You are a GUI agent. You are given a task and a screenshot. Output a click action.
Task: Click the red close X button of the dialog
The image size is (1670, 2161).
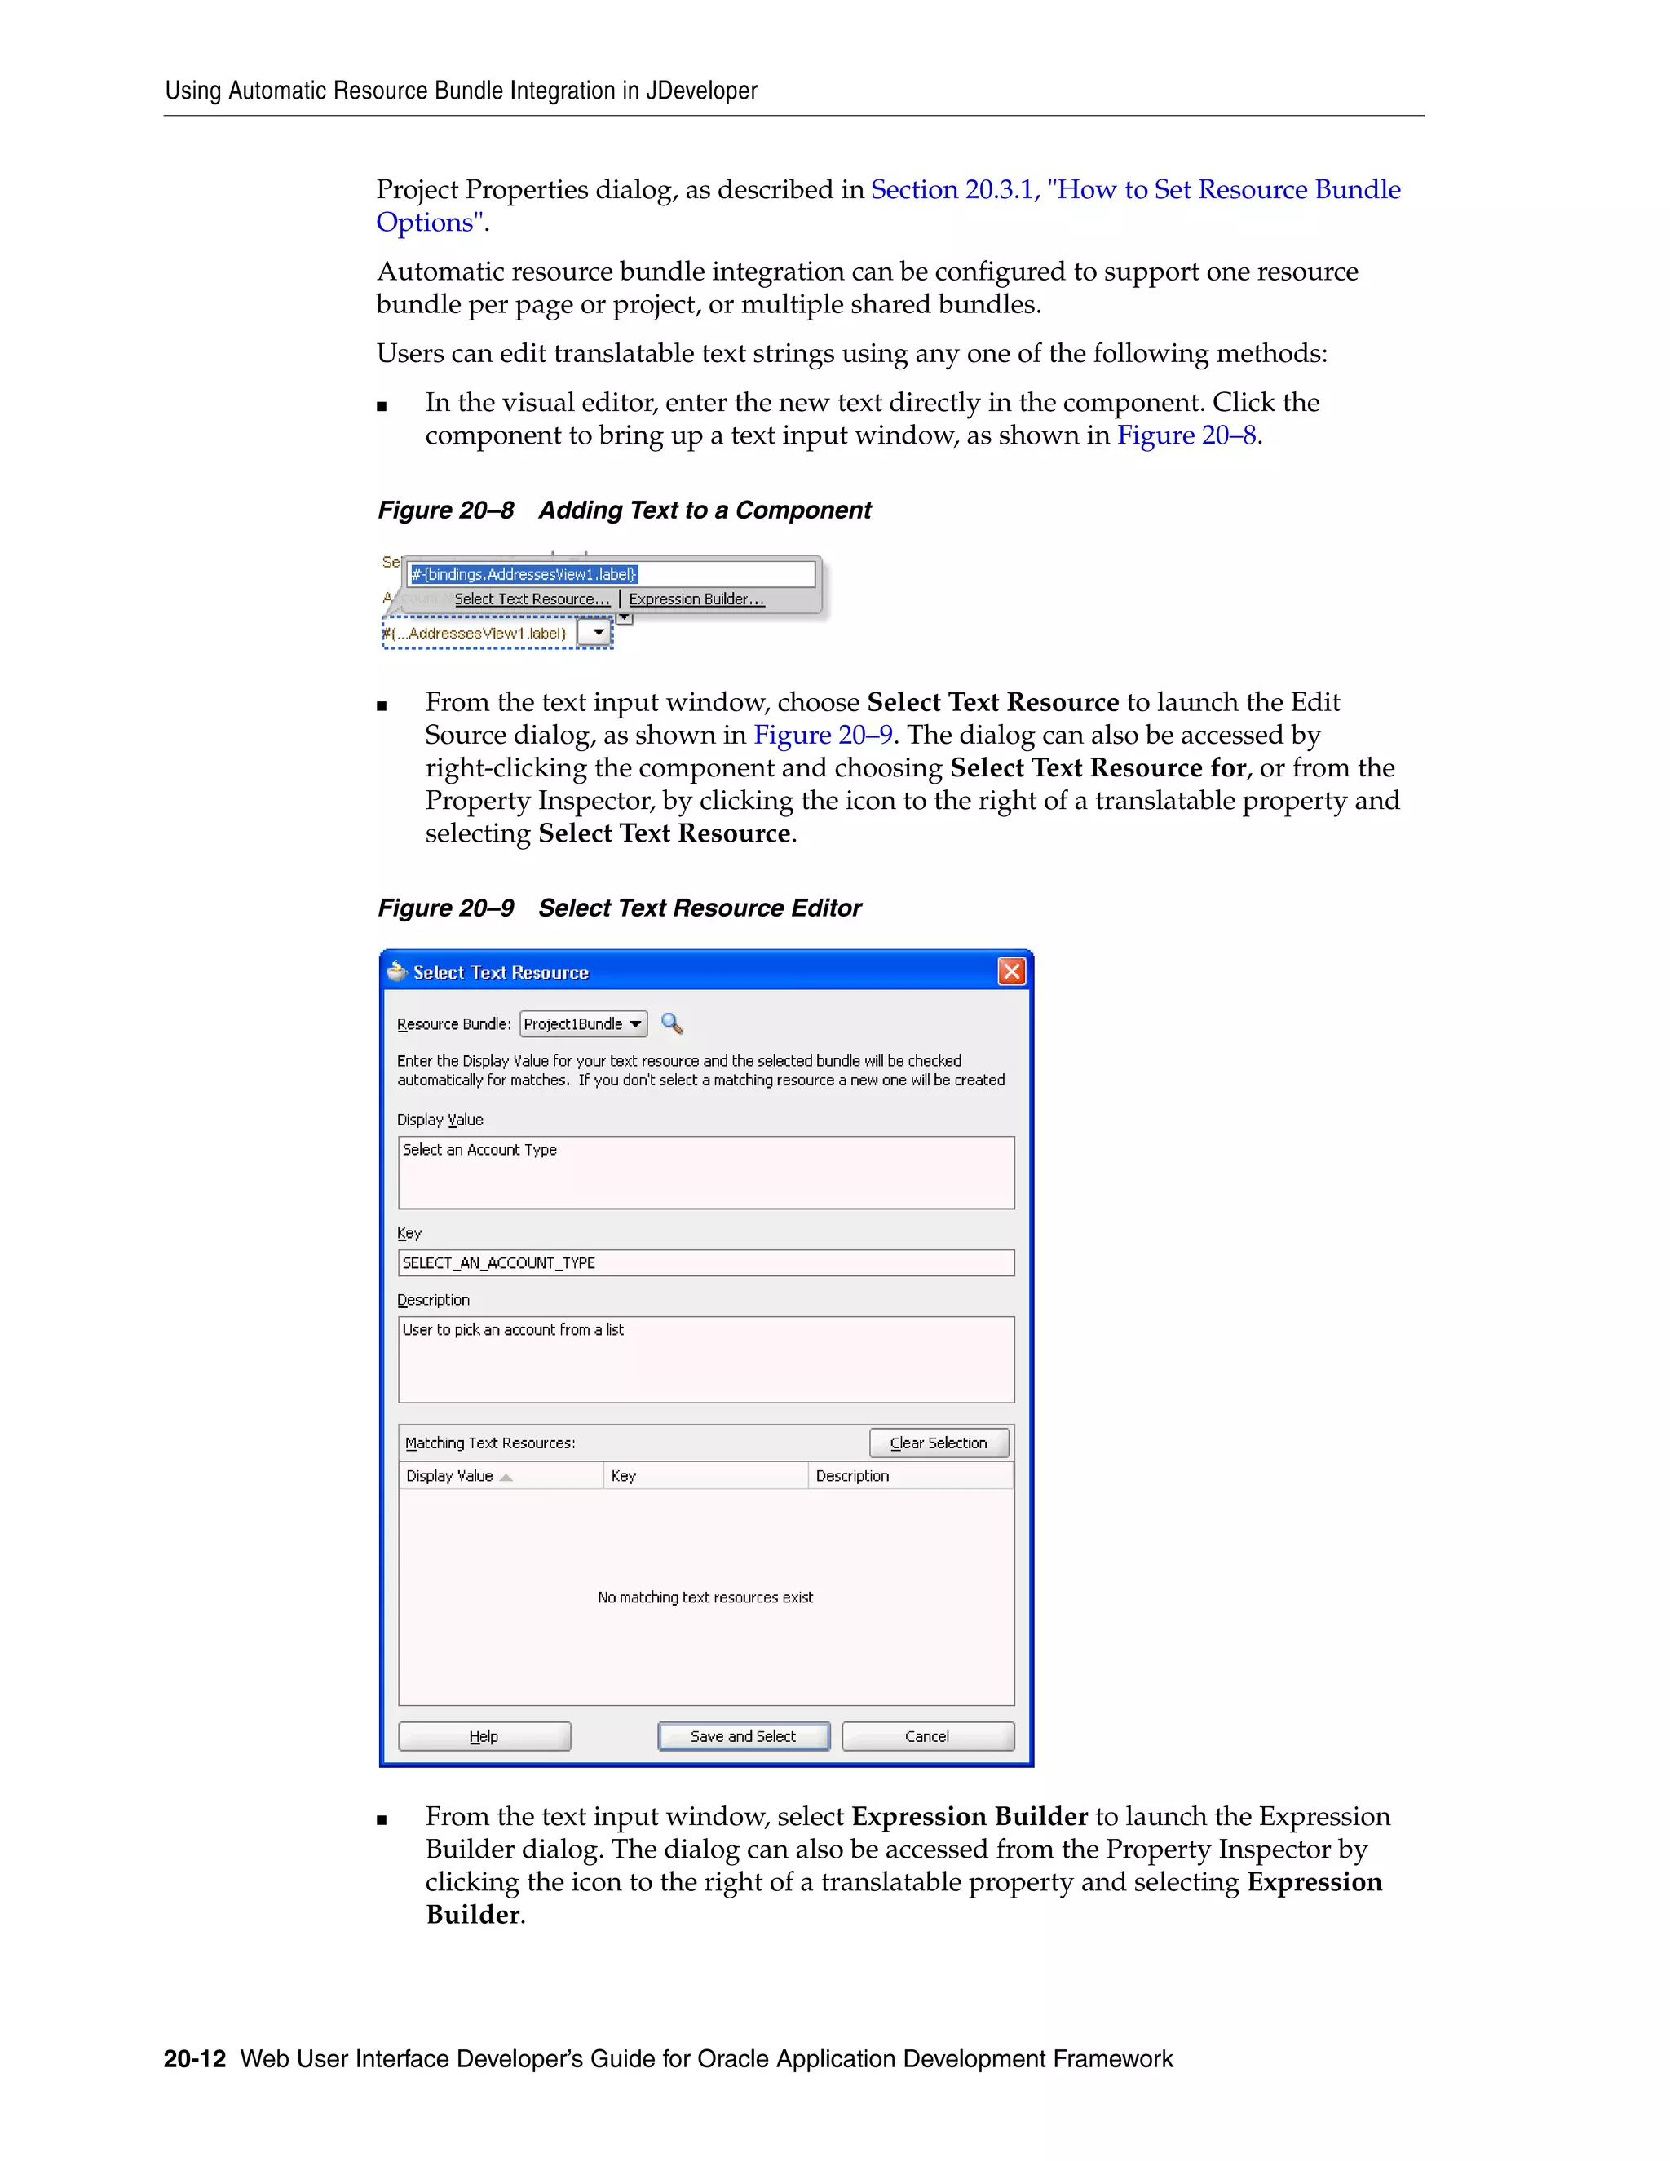[1011, 972]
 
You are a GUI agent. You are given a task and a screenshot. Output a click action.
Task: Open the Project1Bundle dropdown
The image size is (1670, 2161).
[584, 1024]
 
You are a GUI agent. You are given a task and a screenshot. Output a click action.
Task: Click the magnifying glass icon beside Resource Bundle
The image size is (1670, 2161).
[672, 1023]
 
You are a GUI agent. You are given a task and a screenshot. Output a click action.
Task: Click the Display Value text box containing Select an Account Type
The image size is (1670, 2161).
[705, 1173]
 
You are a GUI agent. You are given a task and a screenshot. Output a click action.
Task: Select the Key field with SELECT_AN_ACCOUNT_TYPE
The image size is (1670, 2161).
[705, 1262]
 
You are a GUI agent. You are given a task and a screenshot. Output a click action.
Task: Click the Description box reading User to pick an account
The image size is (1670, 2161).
[705, 1359]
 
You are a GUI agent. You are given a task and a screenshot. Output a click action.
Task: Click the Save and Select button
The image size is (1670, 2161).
[743, 1735]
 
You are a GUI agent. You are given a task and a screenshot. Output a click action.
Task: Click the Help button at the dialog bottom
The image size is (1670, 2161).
[484, 1735]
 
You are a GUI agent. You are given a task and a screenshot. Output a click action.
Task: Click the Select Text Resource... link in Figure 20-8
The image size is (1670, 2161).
[532, 599]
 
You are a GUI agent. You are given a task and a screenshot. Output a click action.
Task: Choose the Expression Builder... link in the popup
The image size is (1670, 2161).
[696, 599]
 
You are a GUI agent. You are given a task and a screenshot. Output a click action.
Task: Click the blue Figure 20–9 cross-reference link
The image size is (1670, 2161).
[822, 736]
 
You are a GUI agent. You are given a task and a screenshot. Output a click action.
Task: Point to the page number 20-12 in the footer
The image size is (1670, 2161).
[195, 2059]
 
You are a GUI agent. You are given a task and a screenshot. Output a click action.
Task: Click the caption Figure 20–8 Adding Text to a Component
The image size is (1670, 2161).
[625, 510]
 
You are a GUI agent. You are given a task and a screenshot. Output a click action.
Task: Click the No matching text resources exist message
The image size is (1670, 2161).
[705, 1597]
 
